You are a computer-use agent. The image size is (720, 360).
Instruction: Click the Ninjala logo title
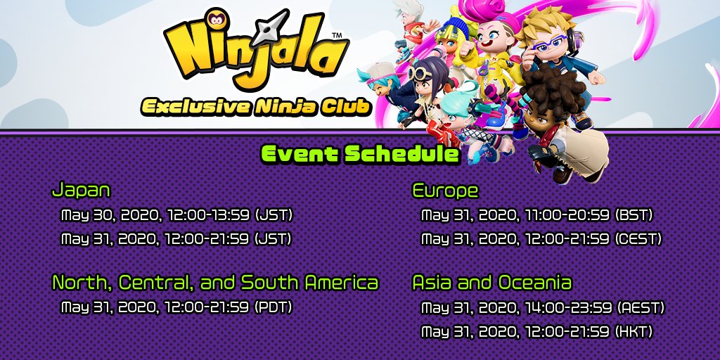(255, 49)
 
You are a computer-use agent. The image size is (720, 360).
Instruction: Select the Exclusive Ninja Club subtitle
(256, 106)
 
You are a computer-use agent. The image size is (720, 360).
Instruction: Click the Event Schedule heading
(360, 154)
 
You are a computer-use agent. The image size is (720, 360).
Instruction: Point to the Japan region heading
(82, 190)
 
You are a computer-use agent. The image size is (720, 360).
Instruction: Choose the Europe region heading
(445, 190)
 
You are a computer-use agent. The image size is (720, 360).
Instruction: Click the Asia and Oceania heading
(492, 282)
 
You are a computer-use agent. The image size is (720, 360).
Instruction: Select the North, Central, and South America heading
(215, 283)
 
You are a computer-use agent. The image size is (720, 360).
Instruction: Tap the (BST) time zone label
(634, 214)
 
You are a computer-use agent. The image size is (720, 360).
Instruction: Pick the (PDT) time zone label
(273, 307)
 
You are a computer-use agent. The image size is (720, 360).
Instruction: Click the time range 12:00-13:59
(208, 214)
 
